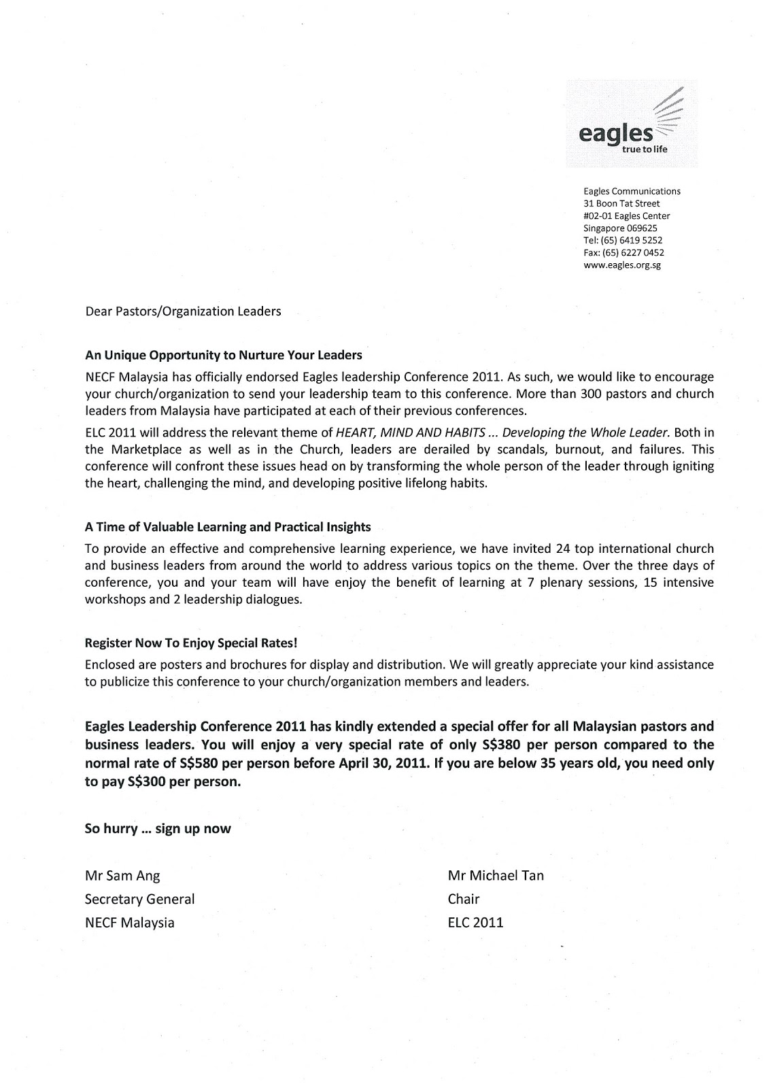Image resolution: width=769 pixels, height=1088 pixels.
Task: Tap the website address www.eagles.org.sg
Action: coord(622,265)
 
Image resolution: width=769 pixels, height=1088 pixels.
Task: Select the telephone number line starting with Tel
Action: coord(623,240)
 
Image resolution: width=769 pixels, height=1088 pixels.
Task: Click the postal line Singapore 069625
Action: coord(620,228)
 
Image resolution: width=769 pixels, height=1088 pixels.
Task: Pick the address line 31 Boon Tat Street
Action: coord(621,203)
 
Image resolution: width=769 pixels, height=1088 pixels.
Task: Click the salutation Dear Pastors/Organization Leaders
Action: coord(182,312)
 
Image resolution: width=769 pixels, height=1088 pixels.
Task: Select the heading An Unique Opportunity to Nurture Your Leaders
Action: coord(223,355)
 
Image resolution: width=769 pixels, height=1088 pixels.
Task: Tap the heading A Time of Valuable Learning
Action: coord(227,527)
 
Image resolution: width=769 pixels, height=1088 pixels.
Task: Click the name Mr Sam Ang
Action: coord(122,876)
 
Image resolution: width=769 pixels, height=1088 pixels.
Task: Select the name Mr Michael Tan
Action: coord(495,876)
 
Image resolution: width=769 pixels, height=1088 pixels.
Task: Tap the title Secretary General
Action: coord(139,899)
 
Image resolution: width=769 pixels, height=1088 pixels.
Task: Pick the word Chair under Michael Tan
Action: coord(463,899)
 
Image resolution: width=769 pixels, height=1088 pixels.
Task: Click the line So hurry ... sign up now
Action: coord(157,829)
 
